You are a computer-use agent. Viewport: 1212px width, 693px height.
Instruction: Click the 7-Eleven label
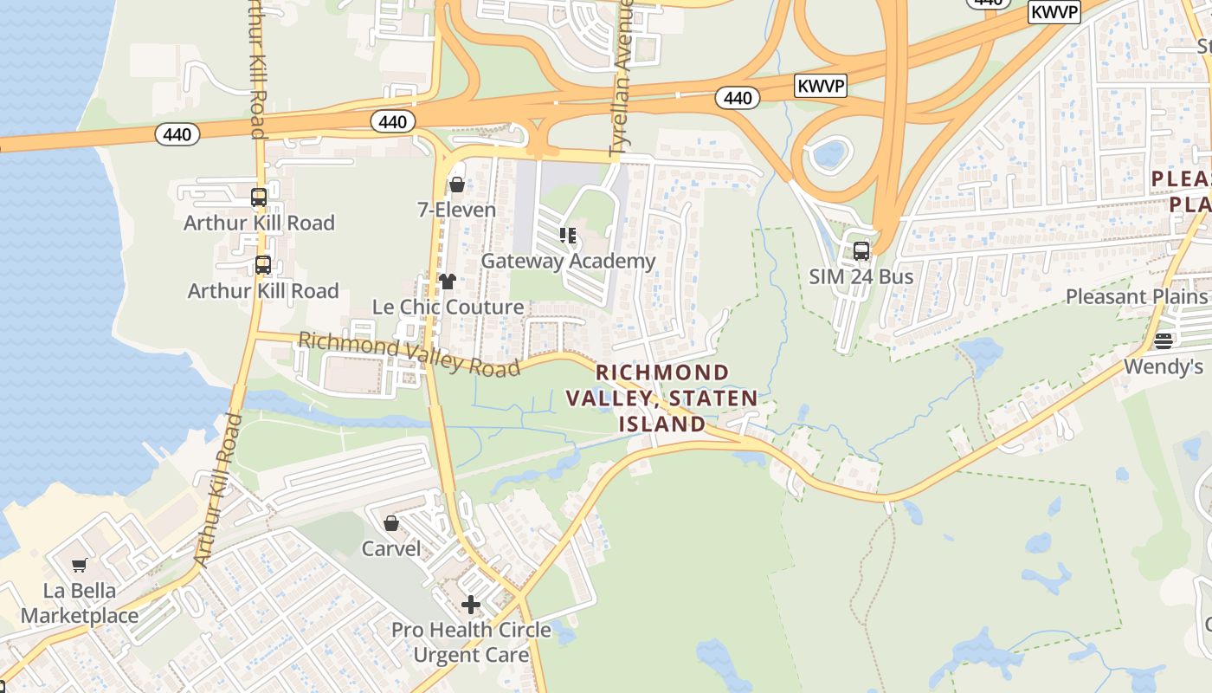coord(456,210)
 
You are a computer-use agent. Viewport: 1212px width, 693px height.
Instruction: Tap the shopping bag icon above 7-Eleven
coord(456,184)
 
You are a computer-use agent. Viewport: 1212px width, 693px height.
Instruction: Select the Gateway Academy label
coord(568,261)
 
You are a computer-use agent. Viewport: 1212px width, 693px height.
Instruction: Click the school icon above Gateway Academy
coord(568,235)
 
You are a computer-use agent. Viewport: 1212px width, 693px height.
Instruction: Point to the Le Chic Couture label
coord(448,307)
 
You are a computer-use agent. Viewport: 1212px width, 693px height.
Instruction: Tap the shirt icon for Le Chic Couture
coord(448,281)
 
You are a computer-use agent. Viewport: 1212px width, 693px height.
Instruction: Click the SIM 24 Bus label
coord(861,277)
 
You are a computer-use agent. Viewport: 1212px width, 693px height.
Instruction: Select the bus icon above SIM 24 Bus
coord(861,251)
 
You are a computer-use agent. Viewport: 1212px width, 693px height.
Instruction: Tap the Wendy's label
coord(1163,366)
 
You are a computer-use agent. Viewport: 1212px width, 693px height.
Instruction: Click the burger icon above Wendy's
coord(1163,340)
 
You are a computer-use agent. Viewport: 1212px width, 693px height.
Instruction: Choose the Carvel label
coord(391,548)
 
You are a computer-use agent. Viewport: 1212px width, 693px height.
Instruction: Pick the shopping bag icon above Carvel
coord(391,523)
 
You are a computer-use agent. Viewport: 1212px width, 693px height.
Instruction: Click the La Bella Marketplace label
coord(80,604)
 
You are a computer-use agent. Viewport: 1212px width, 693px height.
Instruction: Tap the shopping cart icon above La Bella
coord(80,566)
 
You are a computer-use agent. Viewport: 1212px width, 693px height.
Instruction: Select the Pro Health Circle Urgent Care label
coord(471,642)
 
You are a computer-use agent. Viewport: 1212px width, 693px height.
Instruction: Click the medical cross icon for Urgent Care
coord(471,604)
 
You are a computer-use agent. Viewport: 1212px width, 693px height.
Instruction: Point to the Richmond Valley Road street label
coord(409,353)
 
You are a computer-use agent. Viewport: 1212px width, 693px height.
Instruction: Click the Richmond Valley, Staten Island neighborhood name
coord(662,398)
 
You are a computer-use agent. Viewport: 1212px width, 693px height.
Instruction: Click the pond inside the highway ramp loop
coord(828,155)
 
